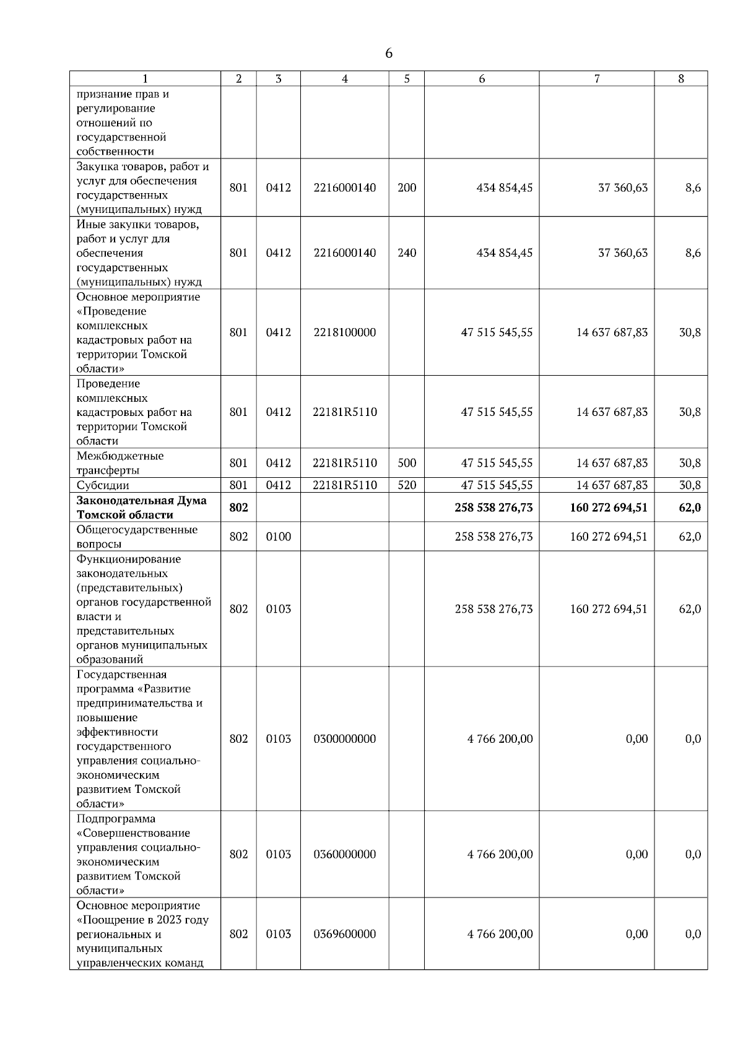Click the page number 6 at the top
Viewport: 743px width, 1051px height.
(388, 54)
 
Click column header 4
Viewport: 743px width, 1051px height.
(345, 79)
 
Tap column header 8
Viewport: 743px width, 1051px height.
(681, 79)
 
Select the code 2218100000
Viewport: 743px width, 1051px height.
(345, 332)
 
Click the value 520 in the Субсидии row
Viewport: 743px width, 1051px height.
(407, 485)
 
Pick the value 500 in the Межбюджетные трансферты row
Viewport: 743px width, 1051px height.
(407, 463)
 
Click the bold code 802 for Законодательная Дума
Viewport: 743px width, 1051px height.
(238, 508)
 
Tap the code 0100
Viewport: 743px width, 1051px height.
(279, 537)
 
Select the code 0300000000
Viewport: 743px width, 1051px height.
(345, 739)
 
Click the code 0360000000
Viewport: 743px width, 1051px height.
(345, 854)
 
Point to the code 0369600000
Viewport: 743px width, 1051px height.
(345, 934)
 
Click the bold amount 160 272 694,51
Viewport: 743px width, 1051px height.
(609, 508)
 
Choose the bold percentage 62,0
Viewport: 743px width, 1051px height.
(690, 508)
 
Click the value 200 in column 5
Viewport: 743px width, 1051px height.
(407, 188)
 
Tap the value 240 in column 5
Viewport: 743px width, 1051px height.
(407, 253)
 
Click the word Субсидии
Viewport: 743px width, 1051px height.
(103, 485)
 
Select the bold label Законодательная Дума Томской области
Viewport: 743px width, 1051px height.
(142, 508)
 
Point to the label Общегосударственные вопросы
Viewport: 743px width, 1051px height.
(137, 537)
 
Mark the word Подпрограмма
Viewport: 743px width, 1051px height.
(116, 819)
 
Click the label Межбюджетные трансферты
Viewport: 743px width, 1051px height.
(120, 463)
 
